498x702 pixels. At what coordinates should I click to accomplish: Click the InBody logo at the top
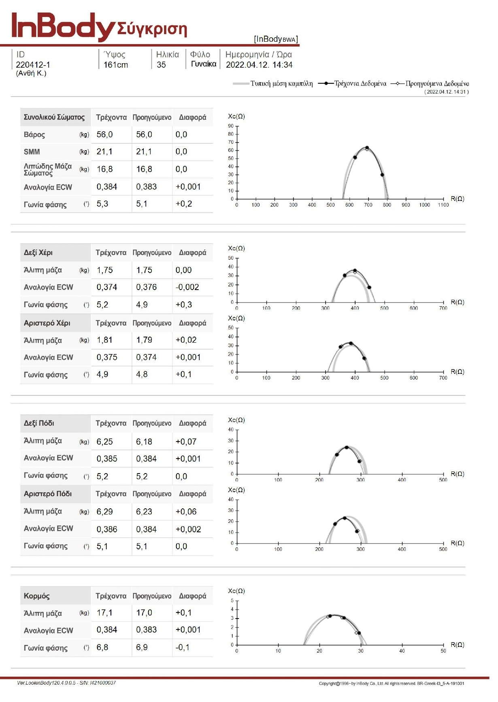pos(64,27)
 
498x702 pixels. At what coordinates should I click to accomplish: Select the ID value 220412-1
pos(33,65)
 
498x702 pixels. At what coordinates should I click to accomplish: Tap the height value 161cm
pos(116,65)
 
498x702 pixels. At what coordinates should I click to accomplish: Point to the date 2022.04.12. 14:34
pos(259,65)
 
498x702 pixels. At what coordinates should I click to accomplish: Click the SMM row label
pos(32,152)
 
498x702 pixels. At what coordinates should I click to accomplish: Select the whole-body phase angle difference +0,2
pos(184,204)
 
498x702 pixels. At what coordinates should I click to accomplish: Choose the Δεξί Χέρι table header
pos(38,252)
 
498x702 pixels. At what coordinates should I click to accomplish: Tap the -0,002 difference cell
pos(187,287)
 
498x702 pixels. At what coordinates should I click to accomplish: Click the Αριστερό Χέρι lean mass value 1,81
pos(104,340)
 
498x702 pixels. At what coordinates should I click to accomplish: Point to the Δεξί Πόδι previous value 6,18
pos(144,442)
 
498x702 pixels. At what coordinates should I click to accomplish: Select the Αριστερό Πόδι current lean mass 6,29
pos(104,512)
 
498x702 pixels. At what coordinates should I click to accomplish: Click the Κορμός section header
pos(37,596)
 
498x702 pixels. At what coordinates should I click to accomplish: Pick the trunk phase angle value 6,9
pos(142,647)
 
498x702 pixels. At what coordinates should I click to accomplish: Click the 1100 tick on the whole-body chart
pos(443,205)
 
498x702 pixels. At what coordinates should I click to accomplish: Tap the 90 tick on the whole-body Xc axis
pos(231,126)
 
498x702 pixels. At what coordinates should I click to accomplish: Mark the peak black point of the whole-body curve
pos(367,148)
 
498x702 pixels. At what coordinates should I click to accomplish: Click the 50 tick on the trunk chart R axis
pos(443,651)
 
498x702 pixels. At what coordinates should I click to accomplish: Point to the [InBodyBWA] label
pos(276,39)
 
